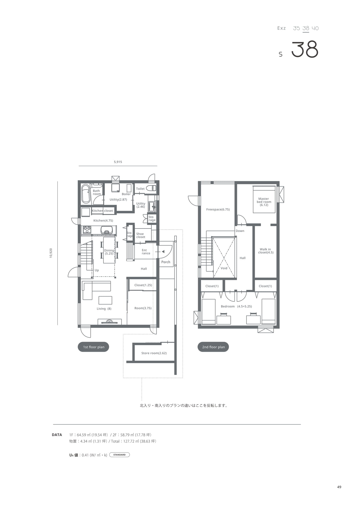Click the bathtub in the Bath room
[x=85, y=194]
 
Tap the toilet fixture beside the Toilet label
[x=151, y=188]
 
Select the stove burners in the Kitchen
[x=87, y=230]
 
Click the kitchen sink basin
[x=107, y=230]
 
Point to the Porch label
[x=166, y=262]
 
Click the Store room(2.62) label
[x=154, y=353]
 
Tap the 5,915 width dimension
[x=118, y=162]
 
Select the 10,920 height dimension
[x=51, y=253]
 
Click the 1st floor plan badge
[x=93, y=347]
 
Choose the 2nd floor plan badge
[x=213, y=347]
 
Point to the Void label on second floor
[x=224, y=268]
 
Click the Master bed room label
[x=264, y=202]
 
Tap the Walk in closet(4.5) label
[x=266, y=251]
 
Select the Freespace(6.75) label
[x=218, y=209]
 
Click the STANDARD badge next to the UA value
[x=119, y=455]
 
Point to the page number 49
[x=339, y=487]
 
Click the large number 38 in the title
[x=305, y=50]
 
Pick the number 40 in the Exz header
[x=315, y=28]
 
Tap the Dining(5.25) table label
[x=109, y=252]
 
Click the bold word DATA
[x=57, y=435]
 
